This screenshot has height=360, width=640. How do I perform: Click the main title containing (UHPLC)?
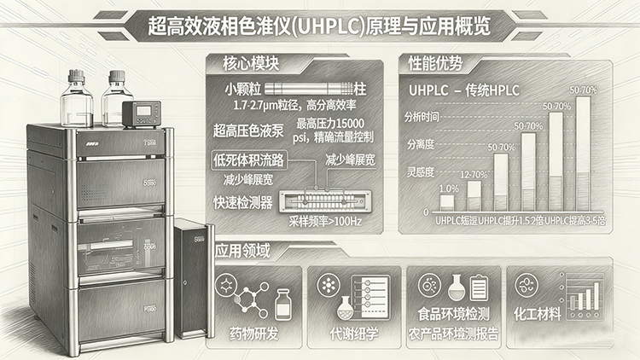point(321,26)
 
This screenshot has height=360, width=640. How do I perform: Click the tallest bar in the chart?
point(583,154)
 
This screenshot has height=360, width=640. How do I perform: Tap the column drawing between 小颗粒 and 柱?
point(310,88)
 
